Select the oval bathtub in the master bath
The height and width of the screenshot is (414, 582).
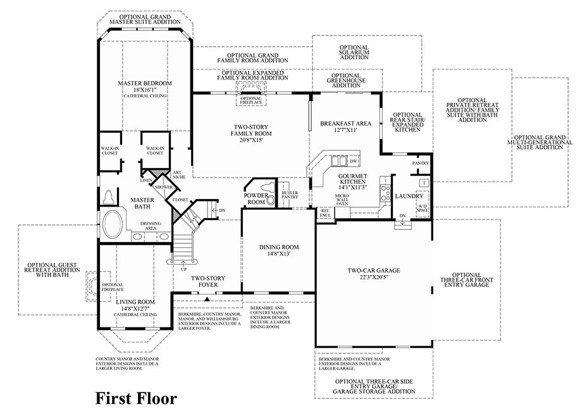tap(115, 224)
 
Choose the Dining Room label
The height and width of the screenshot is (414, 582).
tap(279, 247)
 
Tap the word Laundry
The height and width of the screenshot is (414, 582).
tap(407, 197)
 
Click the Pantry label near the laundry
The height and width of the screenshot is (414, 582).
tap(420, 164)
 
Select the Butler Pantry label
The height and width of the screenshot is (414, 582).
tap(290, 195)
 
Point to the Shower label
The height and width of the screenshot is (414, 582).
tap(164, 187)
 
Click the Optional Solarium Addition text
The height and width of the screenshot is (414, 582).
tap(354, 52)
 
